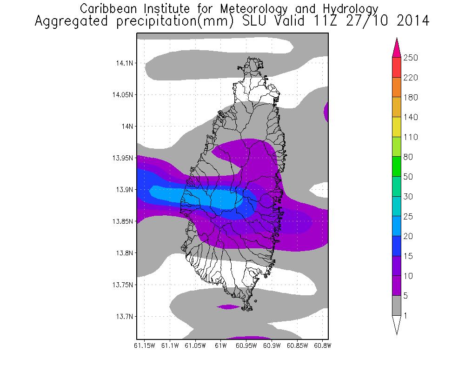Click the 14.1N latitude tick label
(x=124, y=63)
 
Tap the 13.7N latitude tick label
(x=124, y=317)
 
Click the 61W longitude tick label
(x=220, y=345)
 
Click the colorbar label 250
(x=411, y=58)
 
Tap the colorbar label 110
(x=411, y=137)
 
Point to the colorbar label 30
(x=409, y=197)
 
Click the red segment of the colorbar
(x=396, y=67)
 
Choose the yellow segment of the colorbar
(x=396, y=127)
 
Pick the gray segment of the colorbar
(x=396, y=306)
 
